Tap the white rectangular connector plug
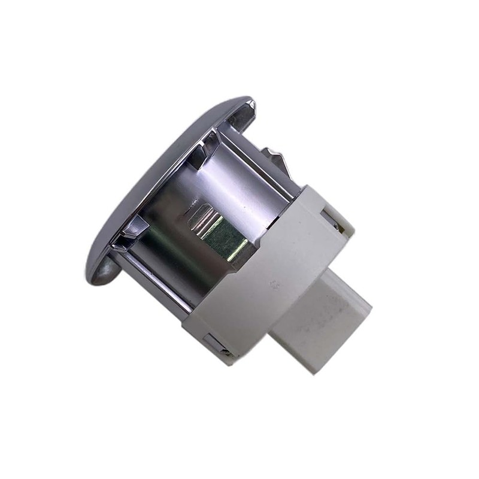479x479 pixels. pos(317,317)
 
